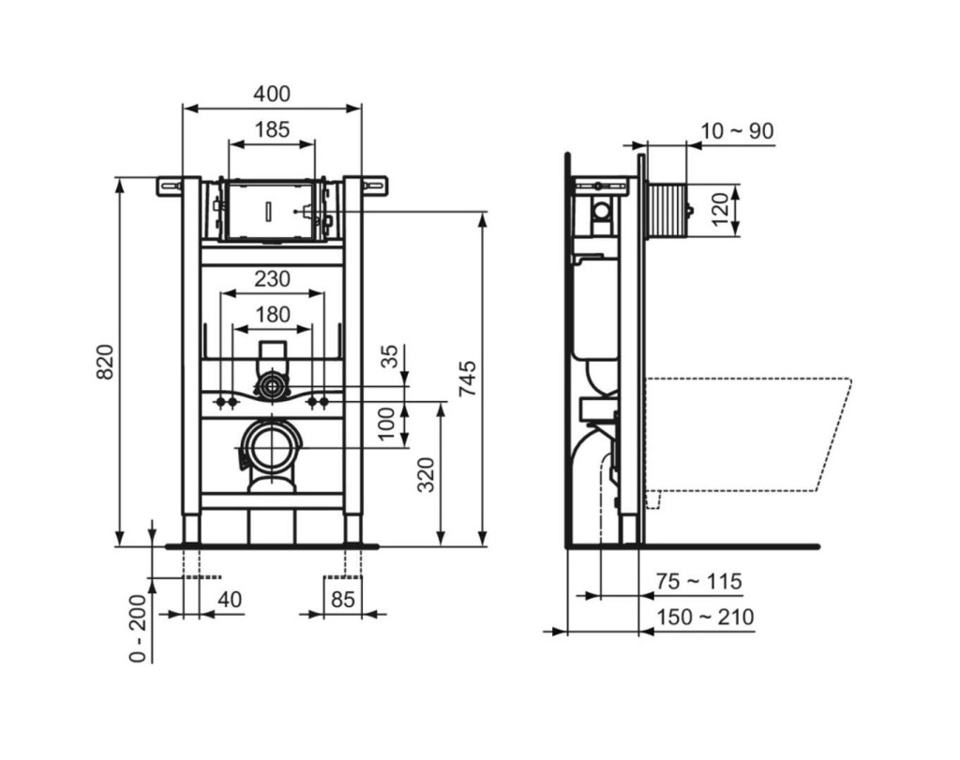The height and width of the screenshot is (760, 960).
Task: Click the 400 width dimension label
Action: [x=272, y=94]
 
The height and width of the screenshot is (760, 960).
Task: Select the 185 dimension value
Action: [x=272, y=129]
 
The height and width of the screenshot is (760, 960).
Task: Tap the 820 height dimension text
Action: [x=105, y=362]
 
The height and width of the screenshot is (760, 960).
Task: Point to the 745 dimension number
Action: [x=467, y=379]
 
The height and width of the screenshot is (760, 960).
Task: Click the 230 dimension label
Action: [x=272, y=279]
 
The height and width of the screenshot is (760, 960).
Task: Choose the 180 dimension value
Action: [x=272, y=315]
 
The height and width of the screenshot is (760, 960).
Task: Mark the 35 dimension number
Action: [x=389, y=356]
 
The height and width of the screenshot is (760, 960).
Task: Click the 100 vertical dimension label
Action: [x=386, y=424]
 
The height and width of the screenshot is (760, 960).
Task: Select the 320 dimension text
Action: [x=426, y=474]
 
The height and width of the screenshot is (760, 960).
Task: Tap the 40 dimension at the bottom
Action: [x=230, y=600]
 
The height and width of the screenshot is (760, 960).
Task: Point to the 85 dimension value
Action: [x=342, y=600]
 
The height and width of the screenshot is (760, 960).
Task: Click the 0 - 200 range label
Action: [x=139, y=628]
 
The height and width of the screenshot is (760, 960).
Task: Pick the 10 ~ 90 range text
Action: [x=737, y=131]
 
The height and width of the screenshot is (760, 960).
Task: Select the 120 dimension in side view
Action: [x=721, y=209]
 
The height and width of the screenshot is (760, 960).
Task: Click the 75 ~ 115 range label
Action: [x=698, y=581]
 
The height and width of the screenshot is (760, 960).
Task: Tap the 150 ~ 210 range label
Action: [x=705, y=618]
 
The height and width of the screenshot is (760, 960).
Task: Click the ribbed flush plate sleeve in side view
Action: [x=666, y=209]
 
